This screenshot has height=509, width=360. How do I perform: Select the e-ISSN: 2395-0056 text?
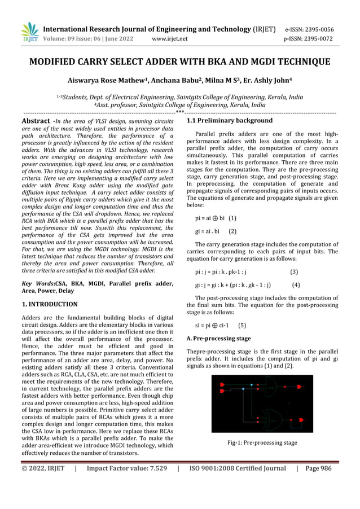[x=317, y=29]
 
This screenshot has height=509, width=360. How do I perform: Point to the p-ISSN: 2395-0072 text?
[x=317, y=40]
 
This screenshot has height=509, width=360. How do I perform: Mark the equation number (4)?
[x=296, y=285]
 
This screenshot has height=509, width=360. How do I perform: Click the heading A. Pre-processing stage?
[x=218, y=339]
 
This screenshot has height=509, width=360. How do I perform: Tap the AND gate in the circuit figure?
[x=272, y=388]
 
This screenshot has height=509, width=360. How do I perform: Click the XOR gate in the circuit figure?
[x=272, y=420]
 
